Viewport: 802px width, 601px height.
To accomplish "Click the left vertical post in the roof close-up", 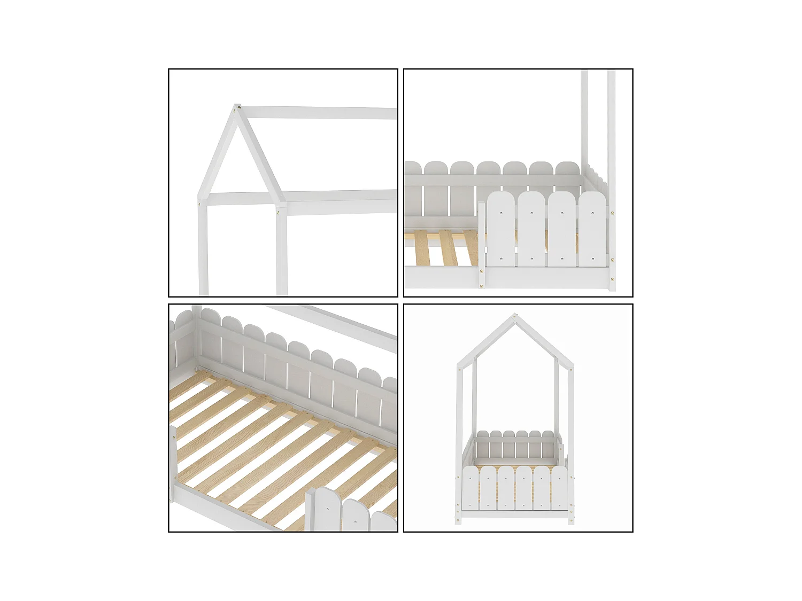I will click(203, 246).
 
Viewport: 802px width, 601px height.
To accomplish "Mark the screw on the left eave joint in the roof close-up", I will click(200, 202).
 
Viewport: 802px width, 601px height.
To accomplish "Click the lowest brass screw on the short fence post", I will click(482, 286).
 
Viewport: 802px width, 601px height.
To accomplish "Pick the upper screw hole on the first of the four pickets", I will click(502, 213).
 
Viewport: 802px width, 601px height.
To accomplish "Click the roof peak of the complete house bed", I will click(515, 316).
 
